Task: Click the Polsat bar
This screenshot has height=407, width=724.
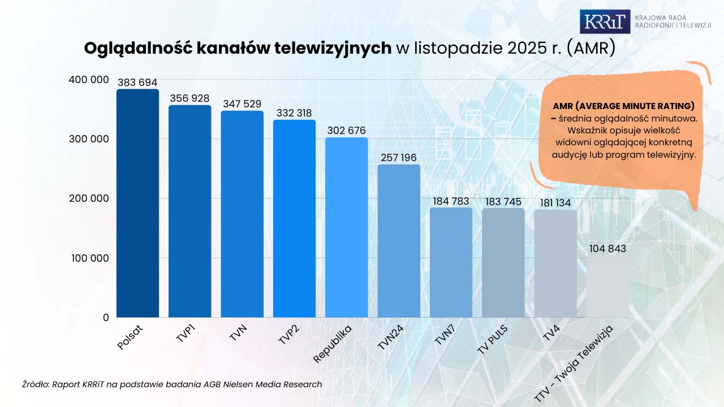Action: (137, 203)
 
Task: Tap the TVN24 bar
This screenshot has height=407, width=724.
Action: (399, 241)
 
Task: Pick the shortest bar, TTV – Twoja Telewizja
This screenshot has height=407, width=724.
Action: (607, 286)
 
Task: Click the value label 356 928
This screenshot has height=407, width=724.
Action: (189, 98)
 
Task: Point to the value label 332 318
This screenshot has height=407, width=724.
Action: (294, 113)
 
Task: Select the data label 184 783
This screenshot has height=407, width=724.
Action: (451, 201)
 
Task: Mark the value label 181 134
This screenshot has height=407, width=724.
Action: (555, 203)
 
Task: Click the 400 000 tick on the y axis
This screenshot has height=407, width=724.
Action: (89, 80)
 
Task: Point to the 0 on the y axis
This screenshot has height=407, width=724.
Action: (105, 318)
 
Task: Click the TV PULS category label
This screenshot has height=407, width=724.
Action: (492, 340)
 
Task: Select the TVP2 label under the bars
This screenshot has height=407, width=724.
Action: (288, 334)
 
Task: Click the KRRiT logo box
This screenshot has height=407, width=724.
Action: (605, 21)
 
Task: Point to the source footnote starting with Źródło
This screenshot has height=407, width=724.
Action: (172, 384)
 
